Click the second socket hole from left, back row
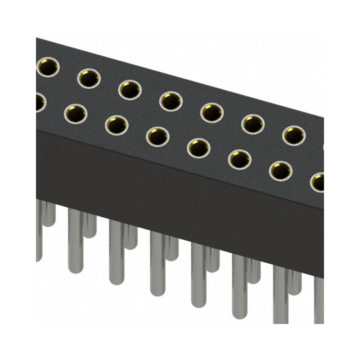click(x=89, y=79)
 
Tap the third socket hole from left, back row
click(x=130, y=90)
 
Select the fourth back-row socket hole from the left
click(x=171, y=101)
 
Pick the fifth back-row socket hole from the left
click(x=212, y=112)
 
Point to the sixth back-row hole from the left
click(x=253, y=124)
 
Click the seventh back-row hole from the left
click(x=294, y=135)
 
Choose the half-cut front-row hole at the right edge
click(x=319, y=182)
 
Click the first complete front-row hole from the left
click(x=76, y=114)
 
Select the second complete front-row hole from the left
click(x=117, y=125)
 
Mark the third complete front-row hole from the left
click(x=157, y=136)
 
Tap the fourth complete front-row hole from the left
click(x=198, y=148)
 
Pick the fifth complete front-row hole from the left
click(x=239, y=159)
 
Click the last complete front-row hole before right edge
click(x=280, y=171)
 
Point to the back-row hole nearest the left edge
click(x=46, y=67)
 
